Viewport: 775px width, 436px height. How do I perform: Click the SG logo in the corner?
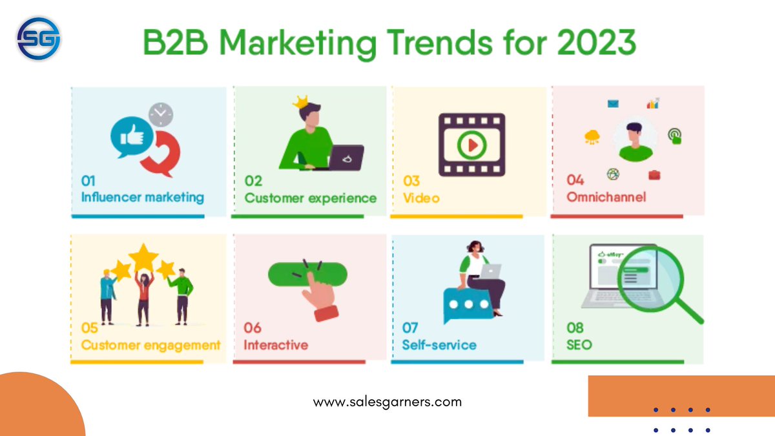coord(39,39)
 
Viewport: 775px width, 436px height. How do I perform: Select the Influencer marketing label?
coord(142,197)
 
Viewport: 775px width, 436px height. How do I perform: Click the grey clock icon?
coord(161,114)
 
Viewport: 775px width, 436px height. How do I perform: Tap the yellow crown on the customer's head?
coord(300,101)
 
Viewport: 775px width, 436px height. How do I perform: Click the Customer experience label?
coord(310,198)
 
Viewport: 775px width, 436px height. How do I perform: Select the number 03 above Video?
coord(411,181)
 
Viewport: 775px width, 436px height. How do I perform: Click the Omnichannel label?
coord(606,196)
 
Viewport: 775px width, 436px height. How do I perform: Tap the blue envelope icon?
coord(613,103)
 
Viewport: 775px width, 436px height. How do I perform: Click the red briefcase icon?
coord(654,174)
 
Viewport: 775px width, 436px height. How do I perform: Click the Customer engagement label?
coord(150,345)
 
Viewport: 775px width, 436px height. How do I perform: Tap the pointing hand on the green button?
coord(320,294)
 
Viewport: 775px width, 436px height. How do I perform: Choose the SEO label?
coord(579,345)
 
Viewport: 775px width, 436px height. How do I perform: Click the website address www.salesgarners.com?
coord(387,402)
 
